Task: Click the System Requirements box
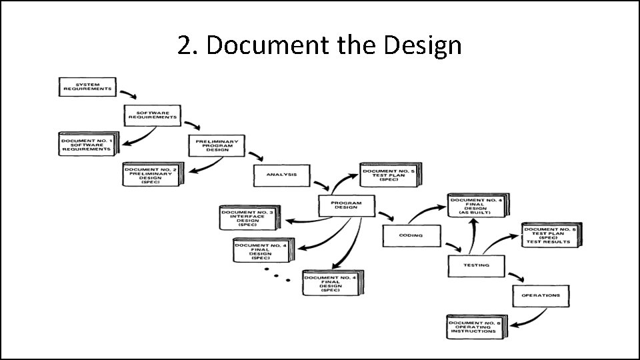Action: [x=87, y=87]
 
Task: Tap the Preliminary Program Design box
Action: [x=217, y=145]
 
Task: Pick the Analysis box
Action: [x=281, y=175]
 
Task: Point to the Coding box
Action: [x=411, y=235]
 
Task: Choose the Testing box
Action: [x=476, y=265]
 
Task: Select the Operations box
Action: [x=541, y=295]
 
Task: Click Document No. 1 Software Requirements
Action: [x=87, y=145]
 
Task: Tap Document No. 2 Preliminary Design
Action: [x=151, y=175]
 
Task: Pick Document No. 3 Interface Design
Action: [x=247, y=217]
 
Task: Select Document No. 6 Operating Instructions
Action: [x=475, y=327]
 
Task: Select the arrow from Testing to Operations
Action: [x=515, y=275]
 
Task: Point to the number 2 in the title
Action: [x=185, y=46]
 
